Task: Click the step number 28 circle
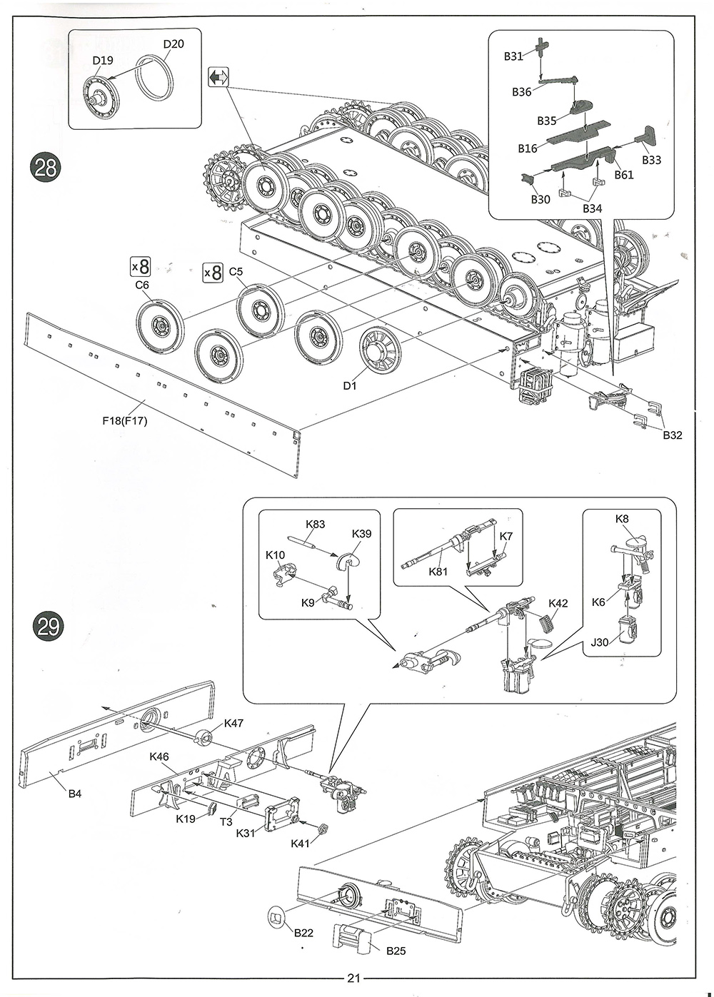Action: coord(46,168)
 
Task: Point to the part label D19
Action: coord(103,60)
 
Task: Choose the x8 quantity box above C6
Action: coord(140,267)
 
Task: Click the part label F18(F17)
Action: coord(125,420)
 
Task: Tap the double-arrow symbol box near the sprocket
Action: coord(218,79)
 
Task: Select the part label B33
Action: coord(651,161)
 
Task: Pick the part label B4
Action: coord(75,794)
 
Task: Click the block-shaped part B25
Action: coord(351,942)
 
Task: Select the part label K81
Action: coord(438,571)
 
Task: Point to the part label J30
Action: coord(600,642)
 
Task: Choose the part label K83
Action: coord(316,525)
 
